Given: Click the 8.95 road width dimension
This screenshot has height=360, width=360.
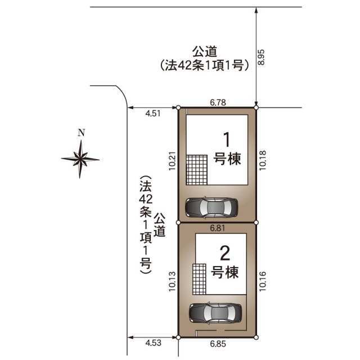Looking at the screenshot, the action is coord(262,57).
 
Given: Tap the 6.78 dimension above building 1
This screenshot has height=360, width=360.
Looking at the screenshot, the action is coord(218,102).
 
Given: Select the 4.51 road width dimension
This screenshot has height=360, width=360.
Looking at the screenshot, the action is coord(153,113).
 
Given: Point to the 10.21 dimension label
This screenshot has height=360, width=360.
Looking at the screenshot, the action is coord(172,161).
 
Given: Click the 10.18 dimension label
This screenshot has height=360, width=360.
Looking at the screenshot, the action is coord(263,160).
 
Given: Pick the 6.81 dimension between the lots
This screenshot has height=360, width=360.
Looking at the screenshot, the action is coord(218,228).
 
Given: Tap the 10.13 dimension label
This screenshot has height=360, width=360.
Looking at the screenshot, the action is coord(172,281).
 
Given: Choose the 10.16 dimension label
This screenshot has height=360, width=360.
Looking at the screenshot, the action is coord(263,281).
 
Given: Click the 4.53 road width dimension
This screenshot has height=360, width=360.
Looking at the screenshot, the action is coord(154,343).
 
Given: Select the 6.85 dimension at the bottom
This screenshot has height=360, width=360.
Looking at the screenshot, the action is coord(218,344).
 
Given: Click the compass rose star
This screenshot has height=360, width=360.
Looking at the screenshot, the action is coord(80,159).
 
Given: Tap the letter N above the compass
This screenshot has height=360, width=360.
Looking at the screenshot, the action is coord(81,133).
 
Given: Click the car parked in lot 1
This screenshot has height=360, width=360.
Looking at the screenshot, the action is coord(211,208).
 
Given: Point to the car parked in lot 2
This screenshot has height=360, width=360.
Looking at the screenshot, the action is coord(215,313).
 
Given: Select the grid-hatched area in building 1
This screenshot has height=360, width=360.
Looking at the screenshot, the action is coord(197,170).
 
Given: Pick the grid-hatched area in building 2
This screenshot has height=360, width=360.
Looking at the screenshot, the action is coord(199,279).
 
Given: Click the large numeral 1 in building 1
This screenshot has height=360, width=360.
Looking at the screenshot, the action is coord(227,139).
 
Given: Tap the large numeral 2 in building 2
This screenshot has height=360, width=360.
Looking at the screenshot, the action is coord(225,253).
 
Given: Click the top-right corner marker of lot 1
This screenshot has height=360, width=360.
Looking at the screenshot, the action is coord(256,107).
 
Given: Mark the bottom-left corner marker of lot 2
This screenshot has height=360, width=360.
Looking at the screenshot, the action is coord(178,337).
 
